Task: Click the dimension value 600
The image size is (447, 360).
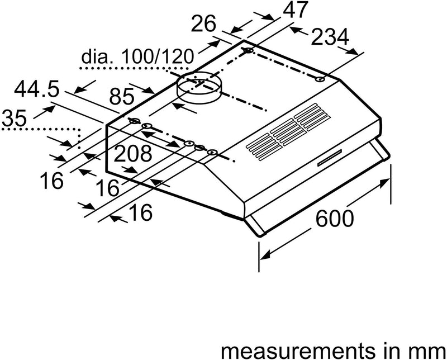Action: coord(334,218)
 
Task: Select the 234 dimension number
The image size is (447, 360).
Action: coord(330,37)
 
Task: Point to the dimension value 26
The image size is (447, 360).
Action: coord(204,25)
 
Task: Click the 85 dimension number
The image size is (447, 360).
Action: coord(122,98)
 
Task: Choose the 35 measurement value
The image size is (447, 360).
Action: coord(13,119)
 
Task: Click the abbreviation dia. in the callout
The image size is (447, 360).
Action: coord(97,56)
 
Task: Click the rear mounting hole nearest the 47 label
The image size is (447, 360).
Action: coord(248,52)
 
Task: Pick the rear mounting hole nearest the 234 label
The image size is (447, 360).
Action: coord(320,79)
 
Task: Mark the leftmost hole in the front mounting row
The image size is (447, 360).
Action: coord(135,121)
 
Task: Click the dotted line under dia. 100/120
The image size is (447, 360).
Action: coord(123,68)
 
